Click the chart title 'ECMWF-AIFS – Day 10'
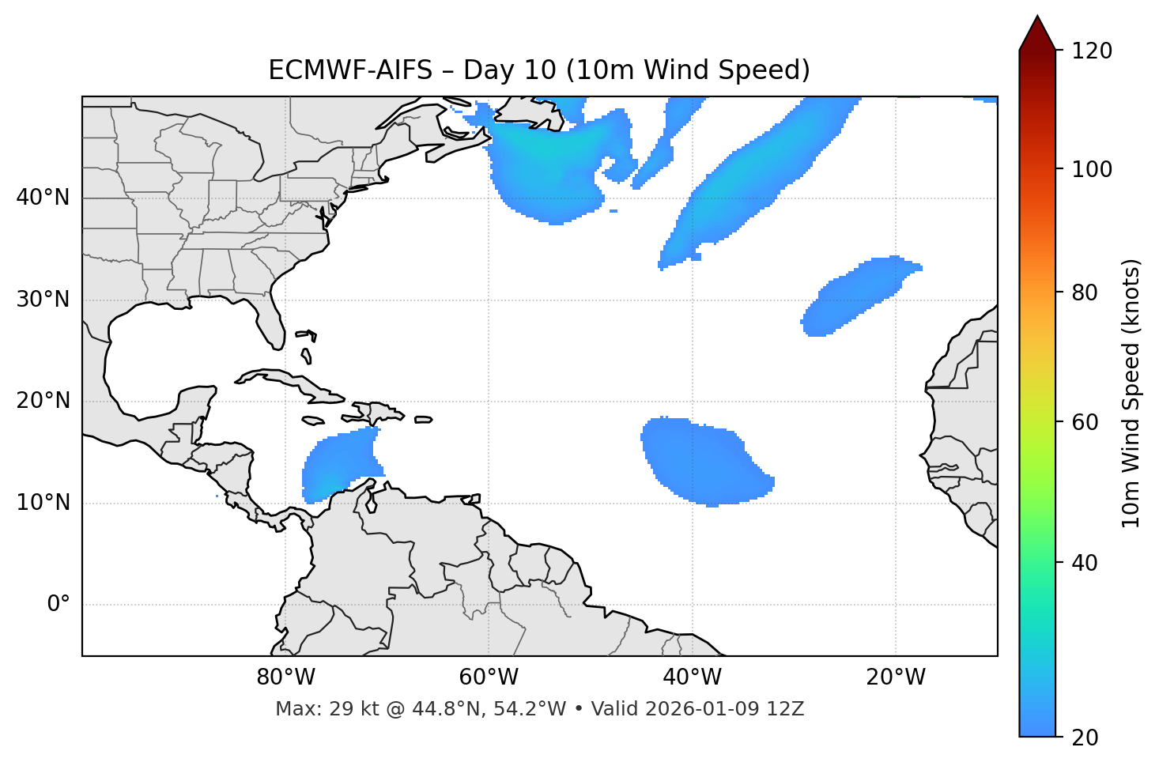pyautogui.click(x=539, y=70)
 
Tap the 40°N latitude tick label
pyautogui.click(x=43, y=198)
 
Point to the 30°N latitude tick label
pyautogui.click(x=43, y=300)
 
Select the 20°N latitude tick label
pyautogui.click(x=43, y=401)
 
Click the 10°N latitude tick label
pyautogui.click(x=43, y=503)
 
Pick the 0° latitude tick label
pyautogui.click(x=59, y=605)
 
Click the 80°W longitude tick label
pyautogui.click(x=285, y=677)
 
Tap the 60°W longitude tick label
pyautogui.click(x=489, y=677)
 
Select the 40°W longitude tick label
pyautogui.click(x=692, y=677)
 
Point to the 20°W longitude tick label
pyautogui.click(x=895, y=677)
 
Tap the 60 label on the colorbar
pyautogui.click(x=1087, y=422)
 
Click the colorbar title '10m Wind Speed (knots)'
pyautogui.click(x=1131, y=393)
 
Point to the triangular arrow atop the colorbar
pyautogui.click(x=1037, y=33)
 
